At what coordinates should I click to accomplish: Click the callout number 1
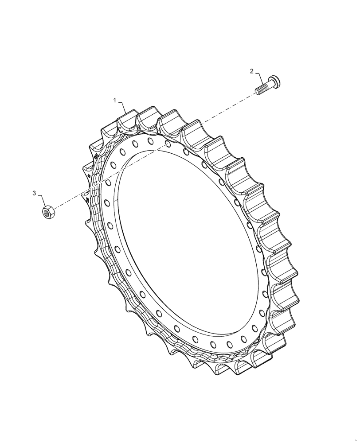tap(115, 101)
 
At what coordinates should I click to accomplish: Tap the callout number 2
tap(252, 71)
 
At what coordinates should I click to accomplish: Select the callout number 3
tap(34, 193)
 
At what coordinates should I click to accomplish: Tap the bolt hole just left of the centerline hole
tap(150, 141)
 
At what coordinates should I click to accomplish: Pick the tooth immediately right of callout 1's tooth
tap(149, 116)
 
